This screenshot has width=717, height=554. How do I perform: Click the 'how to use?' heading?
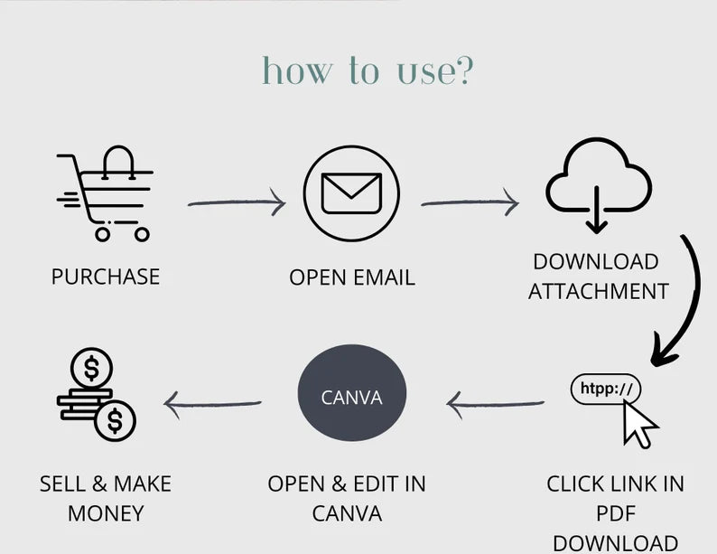(367, 70)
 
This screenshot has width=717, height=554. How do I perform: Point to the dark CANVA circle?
(352, 397)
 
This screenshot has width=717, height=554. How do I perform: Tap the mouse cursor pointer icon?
(640, 423)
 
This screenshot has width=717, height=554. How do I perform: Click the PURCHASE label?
(106, 277)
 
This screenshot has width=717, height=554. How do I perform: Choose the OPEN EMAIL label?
(352, 277)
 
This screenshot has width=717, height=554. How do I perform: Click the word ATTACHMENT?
(598, 291)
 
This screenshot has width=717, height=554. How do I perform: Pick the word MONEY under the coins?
(106, 513)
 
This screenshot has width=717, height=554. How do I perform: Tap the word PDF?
(615, 513)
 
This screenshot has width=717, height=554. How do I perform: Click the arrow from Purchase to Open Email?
(237, 203)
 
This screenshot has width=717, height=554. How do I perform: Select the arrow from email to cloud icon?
(470, 203)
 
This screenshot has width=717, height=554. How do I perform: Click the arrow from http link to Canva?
(496, 404)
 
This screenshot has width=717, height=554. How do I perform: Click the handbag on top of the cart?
(120, 163)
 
